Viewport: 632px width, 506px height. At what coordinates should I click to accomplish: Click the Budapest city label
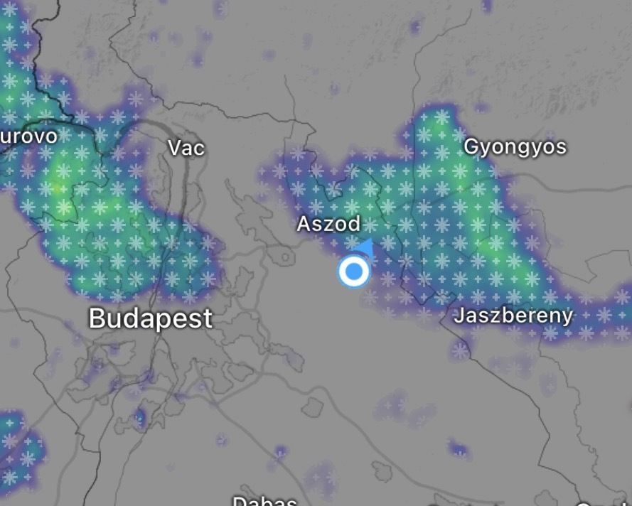coord(150,318)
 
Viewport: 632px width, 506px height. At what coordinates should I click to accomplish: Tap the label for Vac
coord(186,148)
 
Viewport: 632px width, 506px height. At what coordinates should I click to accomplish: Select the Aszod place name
coord(328,224)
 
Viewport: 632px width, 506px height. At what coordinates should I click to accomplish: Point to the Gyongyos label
coord(515,147)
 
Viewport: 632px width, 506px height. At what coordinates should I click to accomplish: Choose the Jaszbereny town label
coord(513,316)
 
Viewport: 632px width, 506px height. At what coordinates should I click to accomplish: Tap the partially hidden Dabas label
coord(264,500)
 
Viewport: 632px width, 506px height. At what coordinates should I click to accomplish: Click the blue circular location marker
coord(353,271)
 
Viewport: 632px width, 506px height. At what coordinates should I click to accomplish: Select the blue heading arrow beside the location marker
coord(366,247)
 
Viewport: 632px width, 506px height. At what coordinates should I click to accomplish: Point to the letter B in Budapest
coord(97,318)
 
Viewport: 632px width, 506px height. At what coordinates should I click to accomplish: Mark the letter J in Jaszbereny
coord(459,316)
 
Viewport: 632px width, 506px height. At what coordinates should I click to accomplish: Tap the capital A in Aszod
coord(304,224)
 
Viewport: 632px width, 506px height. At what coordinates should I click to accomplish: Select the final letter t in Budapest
coord(207,318)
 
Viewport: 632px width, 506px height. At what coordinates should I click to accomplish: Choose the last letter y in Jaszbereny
coord(567,317)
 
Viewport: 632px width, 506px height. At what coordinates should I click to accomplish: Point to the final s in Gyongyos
coord(562,147)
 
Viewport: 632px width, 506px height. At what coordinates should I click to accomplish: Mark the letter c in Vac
coord(199,149)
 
